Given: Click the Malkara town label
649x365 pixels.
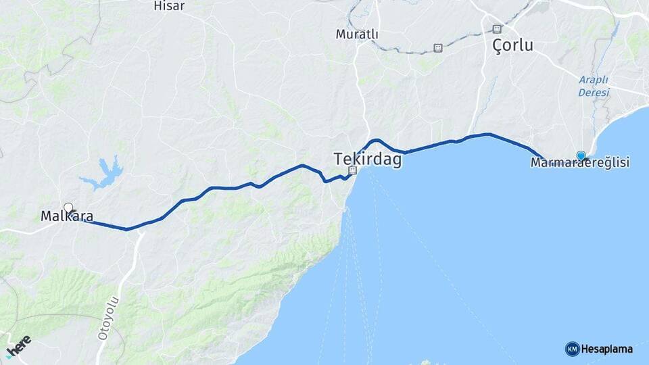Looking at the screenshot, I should point(67,217).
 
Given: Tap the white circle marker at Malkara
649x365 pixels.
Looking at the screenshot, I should point(68,208).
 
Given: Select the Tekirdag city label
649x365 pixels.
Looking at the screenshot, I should point(367,160).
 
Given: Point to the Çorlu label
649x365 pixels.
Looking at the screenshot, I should point(512,46).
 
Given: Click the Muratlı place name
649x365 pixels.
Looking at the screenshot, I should point(357,34).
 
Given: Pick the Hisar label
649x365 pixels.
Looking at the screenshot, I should point(169,5).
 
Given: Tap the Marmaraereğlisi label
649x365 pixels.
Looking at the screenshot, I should point(580,163).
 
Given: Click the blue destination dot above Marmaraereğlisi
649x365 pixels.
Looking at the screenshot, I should point(581,155).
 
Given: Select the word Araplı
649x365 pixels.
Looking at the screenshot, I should point(594,79).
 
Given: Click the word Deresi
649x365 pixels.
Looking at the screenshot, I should point(594,91).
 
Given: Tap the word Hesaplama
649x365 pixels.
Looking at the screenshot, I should point(606,349).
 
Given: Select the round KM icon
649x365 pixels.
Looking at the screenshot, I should point(572,349).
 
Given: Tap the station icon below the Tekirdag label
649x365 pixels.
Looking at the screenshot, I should point(352,171).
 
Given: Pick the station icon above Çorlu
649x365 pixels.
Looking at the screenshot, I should point(498,29).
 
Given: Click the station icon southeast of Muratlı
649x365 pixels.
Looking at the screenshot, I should point(438,47).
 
